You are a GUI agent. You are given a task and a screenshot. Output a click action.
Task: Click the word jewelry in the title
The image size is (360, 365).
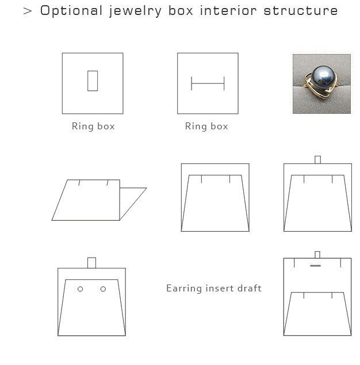pyautogui.click(x=135, y=11)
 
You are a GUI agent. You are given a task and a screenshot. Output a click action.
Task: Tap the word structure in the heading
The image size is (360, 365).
pyautogui.click(x=301, y=11)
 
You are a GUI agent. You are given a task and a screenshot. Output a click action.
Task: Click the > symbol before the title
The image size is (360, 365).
pyautogui.click(x=28, y=11)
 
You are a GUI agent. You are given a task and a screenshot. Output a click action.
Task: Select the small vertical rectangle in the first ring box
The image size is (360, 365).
pyautogui.click(x=93, y=81)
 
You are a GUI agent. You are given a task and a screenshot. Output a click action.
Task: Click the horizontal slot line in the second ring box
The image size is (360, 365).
pyautogui.click(x=208, y=83)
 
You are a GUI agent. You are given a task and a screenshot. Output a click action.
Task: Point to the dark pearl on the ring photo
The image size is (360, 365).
pyautogui.click(x=323, y=76)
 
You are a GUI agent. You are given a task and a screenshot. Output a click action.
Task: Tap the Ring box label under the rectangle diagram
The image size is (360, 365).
pyautogui.click(x=93, y=126)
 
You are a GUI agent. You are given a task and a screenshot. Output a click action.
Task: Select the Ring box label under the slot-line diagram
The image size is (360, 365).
pyautogui.click(x=206, y=126)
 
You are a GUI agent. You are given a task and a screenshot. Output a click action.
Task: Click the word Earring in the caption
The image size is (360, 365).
pyautogui.click(x=184, y=289)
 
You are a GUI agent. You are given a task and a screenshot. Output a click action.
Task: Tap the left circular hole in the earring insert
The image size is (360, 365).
pyautogui.click(x=80, y=289)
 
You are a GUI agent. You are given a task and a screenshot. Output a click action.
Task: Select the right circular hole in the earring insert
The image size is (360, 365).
pyautogui.click(x=103, y=289)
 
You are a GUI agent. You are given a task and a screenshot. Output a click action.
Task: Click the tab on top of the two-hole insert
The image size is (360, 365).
pyautogui.click(x=92, y=263)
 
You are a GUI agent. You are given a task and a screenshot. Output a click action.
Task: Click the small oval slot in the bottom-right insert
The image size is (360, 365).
pyautogui.click(x=315, y=266)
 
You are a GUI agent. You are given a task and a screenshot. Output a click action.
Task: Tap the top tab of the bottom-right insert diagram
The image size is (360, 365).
pyautogui.click(x=317, y=255)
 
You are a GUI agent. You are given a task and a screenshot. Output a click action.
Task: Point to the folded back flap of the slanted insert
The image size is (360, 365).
pyautogui.click(x=133, y=203)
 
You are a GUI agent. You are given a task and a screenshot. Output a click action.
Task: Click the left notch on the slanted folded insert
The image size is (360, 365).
pyautogui.click(x=79, y=183)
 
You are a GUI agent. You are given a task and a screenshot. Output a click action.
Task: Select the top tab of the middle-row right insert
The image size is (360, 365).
pyautogui.click(x=317, y=160)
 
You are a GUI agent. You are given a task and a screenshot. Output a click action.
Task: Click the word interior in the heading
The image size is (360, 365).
pyautogui.click(x=228, y=11)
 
